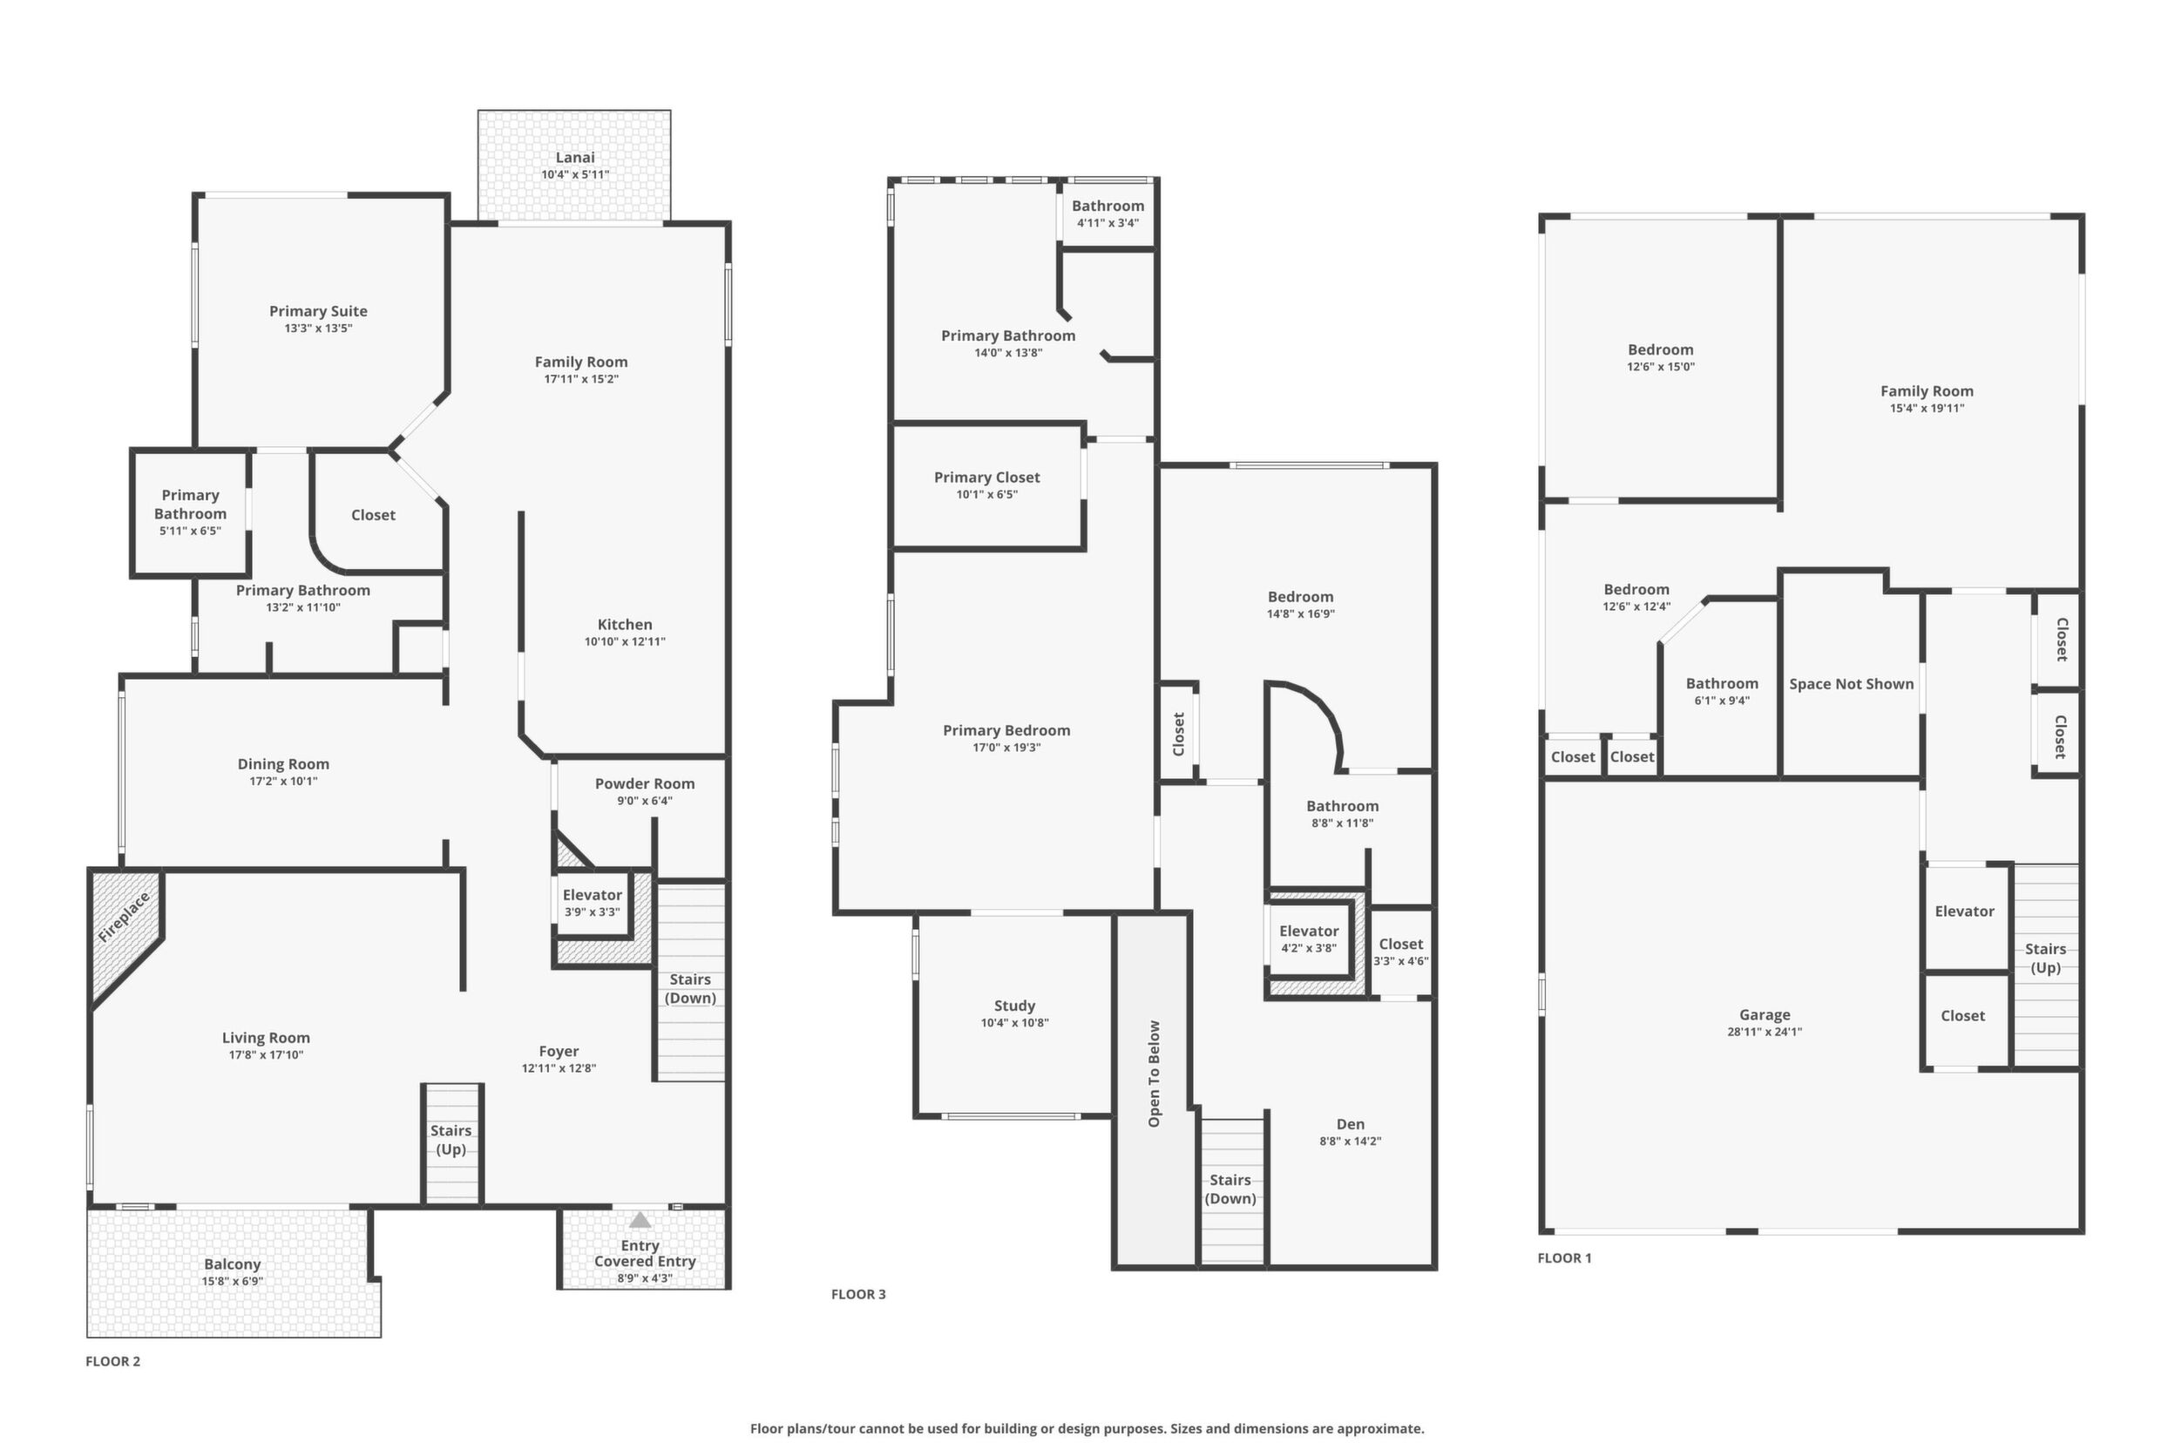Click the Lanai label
click(574, 158)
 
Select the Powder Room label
click(645, 783)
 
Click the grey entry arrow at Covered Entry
click(640, 1220)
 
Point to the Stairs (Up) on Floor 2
click(451, 1144)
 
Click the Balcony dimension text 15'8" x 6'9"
click(232, 1281)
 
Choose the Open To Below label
click(1153, 1074)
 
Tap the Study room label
click(1014, 1006)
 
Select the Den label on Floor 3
click(1350, 1123)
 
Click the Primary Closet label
click(986, 478)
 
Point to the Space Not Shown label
click(1852, 683)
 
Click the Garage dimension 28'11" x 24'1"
click(1765, 1031)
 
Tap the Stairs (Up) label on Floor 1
click(2044, 958)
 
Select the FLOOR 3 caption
click(858, 1294)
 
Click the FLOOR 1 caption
click(1565, 1257)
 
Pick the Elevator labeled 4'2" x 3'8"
click(1309, 938)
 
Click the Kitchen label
click(624, 624)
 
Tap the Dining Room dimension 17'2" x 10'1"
click(283, 781)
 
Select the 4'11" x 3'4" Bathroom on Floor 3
click(1108, 213)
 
